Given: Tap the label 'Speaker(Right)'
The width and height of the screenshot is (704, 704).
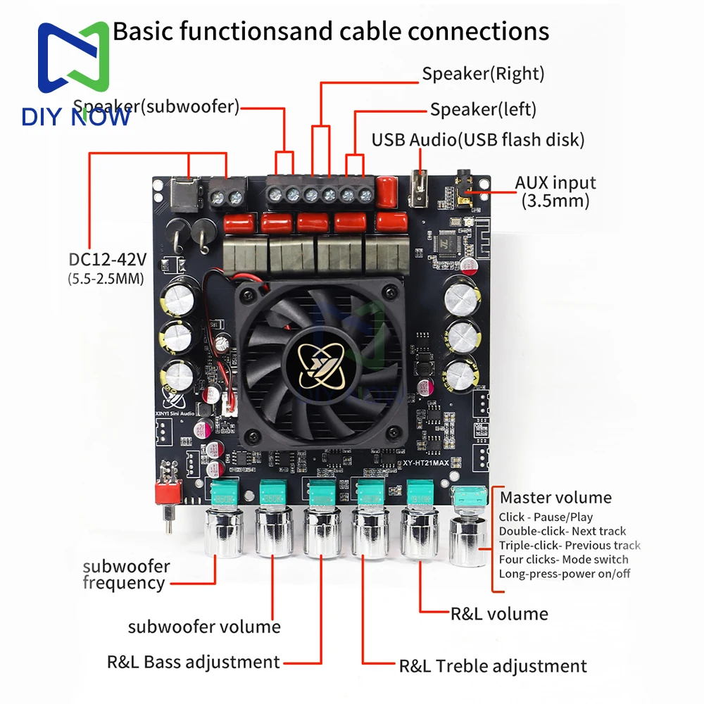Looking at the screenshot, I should pyautogui.click(x=483, y=73).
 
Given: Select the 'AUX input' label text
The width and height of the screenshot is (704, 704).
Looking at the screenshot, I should pyautogui.click(x=555, y=183).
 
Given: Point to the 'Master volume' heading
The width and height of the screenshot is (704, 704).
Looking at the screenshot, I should pyautogui.click(x=555, y=498).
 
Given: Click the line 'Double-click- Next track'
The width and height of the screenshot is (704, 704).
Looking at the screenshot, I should pyautogui.click(x=562, y=532).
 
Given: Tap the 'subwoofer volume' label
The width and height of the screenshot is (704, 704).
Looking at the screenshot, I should pyautogui.click(x=204, y=627).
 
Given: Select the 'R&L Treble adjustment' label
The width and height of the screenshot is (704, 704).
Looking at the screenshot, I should pyautogui.click(x=493, y=666).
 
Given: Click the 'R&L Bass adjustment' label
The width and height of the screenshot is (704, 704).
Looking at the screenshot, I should pyautogui.click(x=194, y=662).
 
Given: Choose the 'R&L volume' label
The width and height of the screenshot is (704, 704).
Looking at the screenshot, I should pyautogui.click(x=499, y=614).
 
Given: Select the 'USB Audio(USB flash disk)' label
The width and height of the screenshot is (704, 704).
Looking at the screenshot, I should pyautogui.click(x=478, y=139).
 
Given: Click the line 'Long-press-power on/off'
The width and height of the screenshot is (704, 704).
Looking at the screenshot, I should pyautogui.click(x=565, y=574).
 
